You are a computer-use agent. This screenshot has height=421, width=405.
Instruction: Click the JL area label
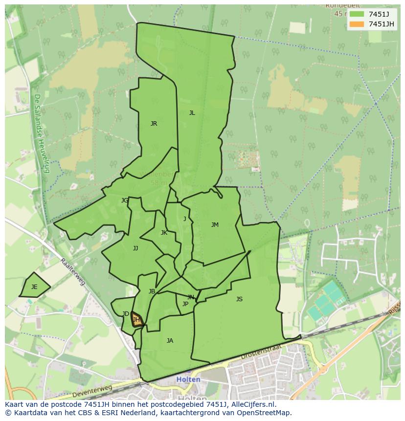(x=192, y=113)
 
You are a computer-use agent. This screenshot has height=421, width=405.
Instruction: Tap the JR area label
(x=154, y=124)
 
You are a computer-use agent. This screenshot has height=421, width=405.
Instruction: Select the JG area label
(x=125, y=200)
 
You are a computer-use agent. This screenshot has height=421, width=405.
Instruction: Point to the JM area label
(x=215, y=225)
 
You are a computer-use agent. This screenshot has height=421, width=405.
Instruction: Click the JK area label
(x=164, y=233)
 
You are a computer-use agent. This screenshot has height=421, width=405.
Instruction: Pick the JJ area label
(x=135, y=248)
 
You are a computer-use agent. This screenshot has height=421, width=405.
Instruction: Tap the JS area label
(x=239, y=299)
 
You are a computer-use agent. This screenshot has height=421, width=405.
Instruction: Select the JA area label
(x=170, y=341)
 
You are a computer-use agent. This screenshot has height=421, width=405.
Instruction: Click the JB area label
(x=152, y=291)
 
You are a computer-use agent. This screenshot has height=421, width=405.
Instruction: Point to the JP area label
(x=185, y=304)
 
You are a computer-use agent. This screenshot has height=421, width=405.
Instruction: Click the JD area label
(x=126, y=314)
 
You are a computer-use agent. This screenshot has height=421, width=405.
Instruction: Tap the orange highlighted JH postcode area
(x=136, y=320)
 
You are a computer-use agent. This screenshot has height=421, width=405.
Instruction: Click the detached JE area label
(x=34, y=287)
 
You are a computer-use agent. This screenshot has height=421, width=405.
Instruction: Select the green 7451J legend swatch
(x=357, y=14)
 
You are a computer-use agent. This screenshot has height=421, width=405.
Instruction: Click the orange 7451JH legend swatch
(x=357, y=24)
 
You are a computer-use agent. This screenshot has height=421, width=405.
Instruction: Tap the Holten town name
(x=188, y=379)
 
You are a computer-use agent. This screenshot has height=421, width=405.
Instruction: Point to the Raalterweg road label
(x=73, y=272)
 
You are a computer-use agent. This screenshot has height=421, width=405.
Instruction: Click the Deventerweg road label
(x=92, y=392)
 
